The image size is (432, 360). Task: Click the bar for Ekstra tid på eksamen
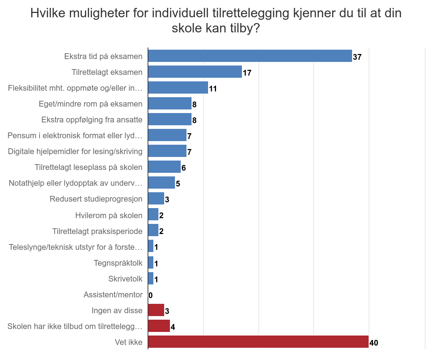(x=250, y=56)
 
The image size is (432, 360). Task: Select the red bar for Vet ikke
(x=258, y=342)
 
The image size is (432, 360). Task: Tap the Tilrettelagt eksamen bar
(x=195, y=72)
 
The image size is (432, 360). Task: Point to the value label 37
(x=357, y=57)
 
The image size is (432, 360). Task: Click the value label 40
(x=374, y=343)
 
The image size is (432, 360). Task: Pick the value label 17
(x=247, y=73)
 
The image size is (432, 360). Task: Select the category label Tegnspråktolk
(x=118, y=263)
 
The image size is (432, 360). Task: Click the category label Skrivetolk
(x=125, y=279)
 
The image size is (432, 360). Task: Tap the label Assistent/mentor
(x=113, y=294)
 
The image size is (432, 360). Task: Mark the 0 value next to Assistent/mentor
(x=150, y=296)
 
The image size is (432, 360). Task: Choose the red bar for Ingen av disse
(x=156, y=310)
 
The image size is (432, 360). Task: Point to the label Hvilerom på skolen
(x=109, y=215)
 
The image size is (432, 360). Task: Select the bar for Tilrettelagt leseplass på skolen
(x=164, y=167)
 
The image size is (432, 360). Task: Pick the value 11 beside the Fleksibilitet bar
(x=213, y=89)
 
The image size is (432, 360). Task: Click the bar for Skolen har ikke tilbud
(x=159, y=326)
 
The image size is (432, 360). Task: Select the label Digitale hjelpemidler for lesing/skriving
(x=75, y=151)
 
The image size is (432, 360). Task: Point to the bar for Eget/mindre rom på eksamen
(x=170, y=104)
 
